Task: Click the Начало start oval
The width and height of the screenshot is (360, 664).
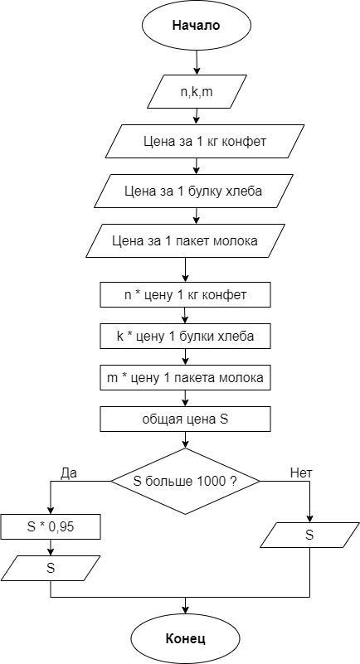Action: point(196,26)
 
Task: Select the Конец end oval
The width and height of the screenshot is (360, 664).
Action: point(186,638)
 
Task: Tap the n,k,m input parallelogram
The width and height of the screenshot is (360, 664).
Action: point(197,91)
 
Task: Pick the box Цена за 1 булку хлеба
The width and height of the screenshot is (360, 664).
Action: point(193,191)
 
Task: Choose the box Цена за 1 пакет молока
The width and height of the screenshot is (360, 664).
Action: point(186,240)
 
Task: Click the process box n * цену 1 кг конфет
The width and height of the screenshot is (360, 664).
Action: point(186,295)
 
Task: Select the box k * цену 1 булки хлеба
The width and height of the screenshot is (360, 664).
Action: point(186,337)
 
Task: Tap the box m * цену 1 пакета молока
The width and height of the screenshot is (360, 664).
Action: point(186,378)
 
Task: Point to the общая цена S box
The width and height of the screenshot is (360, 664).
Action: point(186,419)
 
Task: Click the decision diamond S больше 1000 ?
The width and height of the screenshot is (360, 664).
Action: point(185,482)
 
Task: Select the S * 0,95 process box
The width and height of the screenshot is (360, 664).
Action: point(51,526)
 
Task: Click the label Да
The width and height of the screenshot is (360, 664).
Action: point(70,473)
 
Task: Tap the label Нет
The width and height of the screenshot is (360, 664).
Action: point(301,473)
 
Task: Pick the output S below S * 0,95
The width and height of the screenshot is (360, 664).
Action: point(51,568)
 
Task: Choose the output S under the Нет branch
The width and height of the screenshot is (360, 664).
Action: point(309,535)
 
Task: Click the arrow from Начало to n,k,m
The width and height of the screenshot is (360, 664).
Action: point(196,63)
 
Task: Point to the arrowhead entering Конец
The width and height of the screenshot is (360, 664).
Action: point(186,610)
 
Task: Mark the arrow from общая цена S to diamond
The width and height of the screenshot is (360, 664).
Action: point(186,440)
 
